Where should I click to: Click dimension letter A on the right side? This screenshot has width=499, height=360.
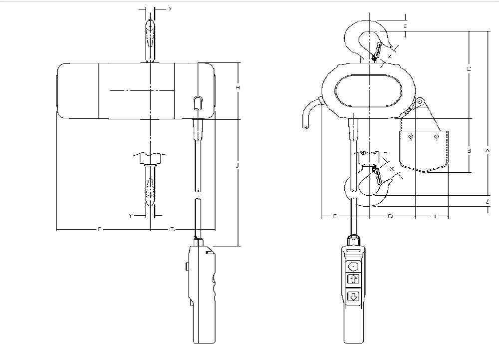(x=488, y=149)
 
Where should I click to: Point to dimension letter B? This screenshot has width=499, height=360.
(x=469, y=149)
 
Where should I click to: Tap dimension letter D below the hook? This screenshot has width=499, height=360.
(x=391, y=216)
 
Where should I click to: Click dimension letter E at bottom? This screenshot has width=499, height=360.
(x=335, y=216)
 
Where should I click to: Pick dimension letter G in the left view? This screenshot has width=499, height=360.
(x=172, y=229)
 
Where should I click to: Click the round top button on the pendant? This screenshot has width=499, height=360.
(x=353, y=266)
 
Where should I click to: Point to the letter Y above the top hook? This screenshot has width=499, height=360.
(x=170, y=9)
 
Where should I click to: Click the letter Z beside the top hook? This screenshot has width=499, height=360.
(x=405, y=25)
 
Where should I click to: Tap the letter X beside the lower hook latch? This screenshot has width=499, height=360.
(x=392, y=169)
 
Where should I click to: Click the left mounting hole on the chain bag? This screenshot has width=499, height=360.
(x=411, y=136)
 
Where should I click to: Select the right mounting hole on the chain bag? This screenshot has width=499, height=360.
(x=437, y=136)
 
